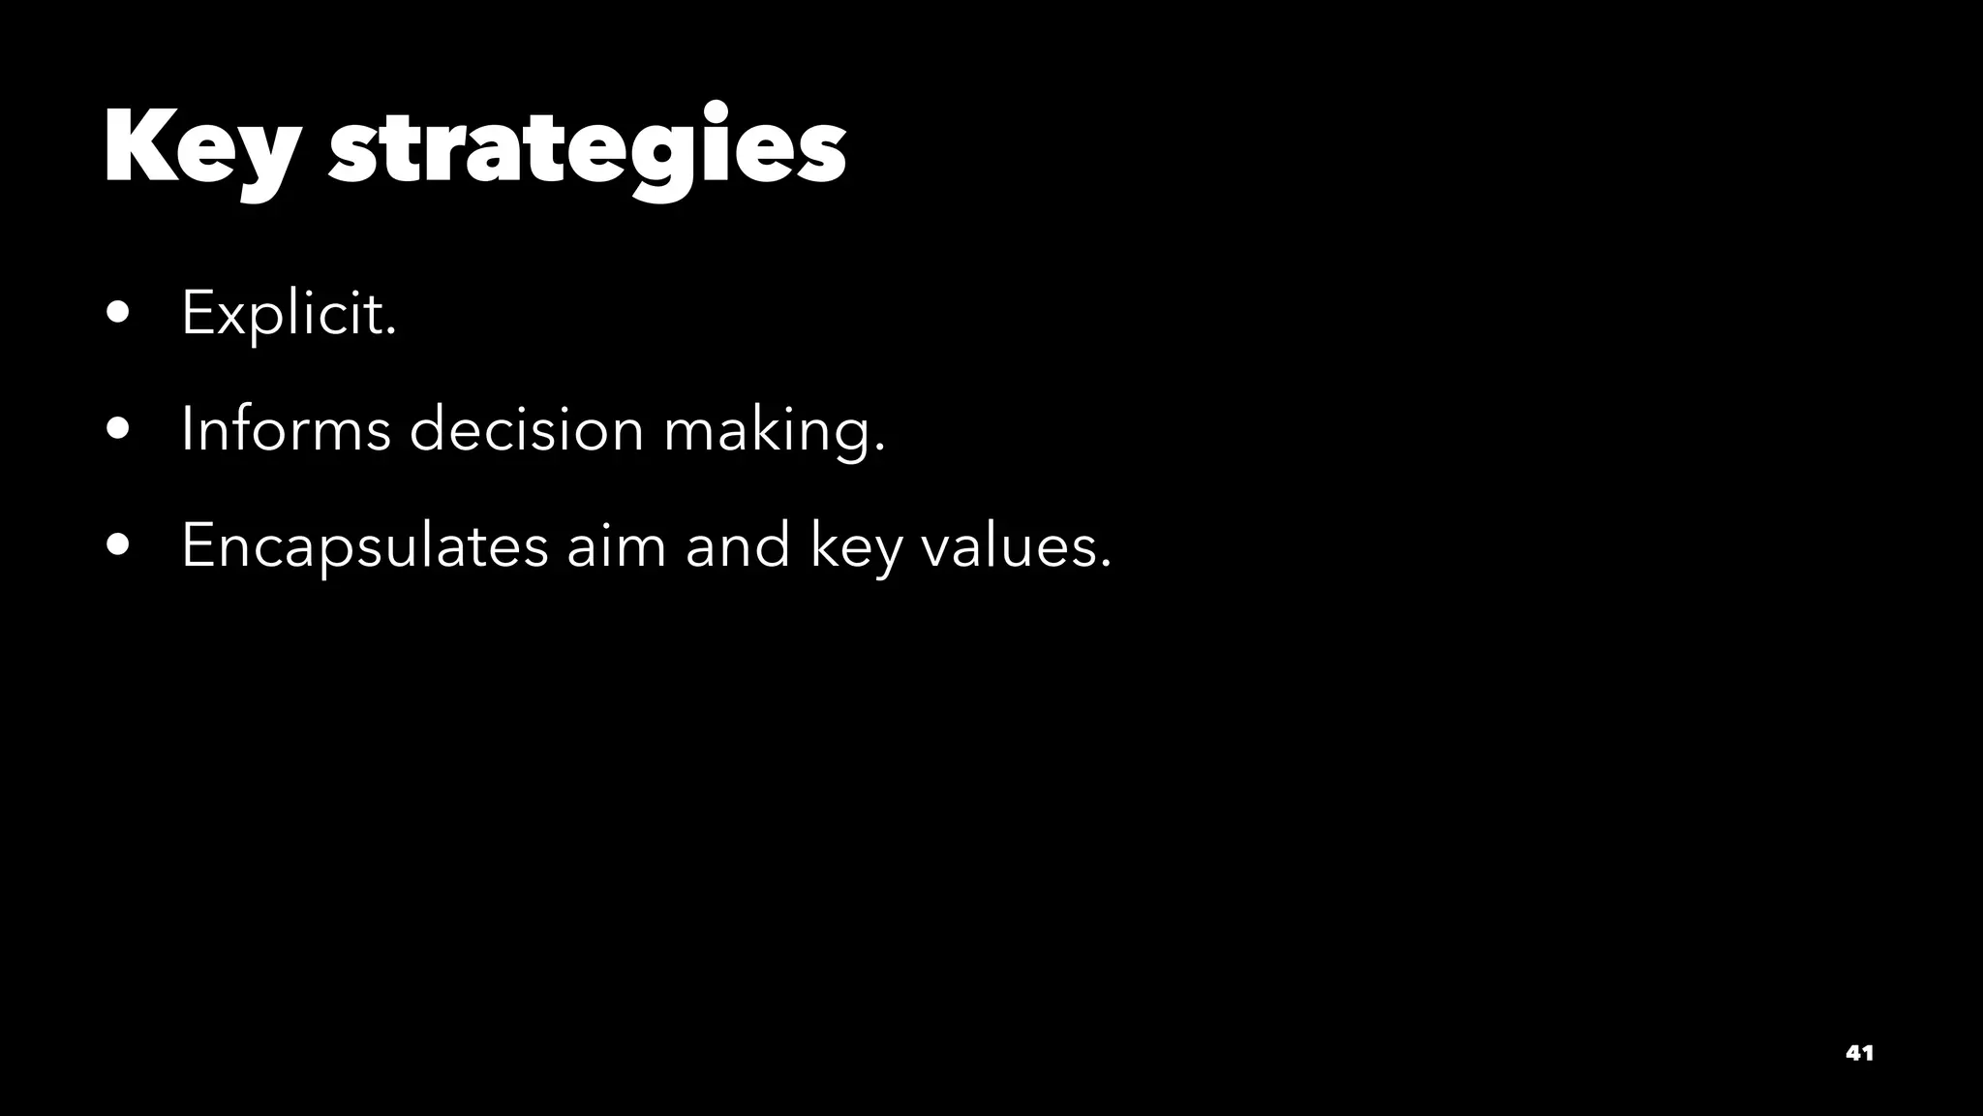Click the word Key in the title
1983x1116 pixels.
tap(199, 147)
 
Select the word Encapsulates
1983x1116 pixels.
tap(364, 544)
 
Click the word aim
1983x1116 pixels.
tap(616, 544)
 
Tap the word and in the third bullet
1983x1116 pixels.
tap(738, 544)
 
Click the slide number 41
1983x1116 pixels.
tap(1859, 1053)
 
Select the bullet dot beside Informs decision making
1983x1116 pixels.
tap(119, 429)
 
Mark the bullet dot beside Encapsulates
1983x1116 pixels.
tap(119, 545)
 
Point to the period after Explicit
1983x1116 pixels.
tap(391, 332)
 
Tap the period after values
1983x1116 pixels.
tap(1106, 564)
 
